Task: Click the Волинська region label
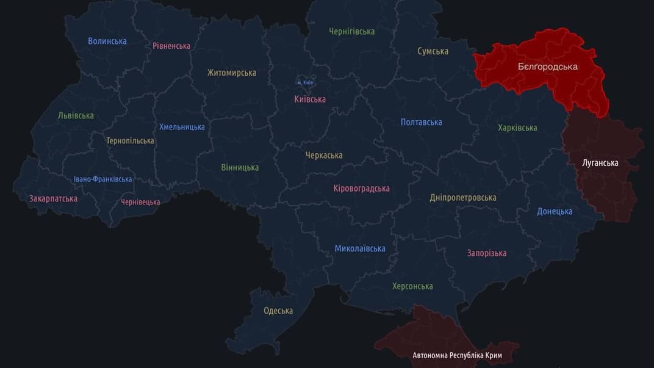pyautogui.click(x=107, y=41)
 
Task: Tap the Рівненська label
pyautogui.click(x=171, y=46)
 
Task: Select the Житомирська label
pyautogui.click(x=232, y=73)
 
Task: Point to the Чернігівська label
pyautogui.click(x=352, y=31)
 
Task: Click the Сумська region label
pyautogui.click(x=433, y=51)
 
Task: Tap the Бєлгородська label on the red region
pyautogui.click(x=548, y=67)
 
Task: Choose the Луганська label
pyautogui.click(x=600, y=163)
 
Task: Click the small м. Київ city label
pyautogui.click(x=305, y=82)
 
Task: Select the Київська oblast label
pyautogui.click(x=310, y=99)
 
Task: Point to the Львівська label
pyautogui.click(x=76, y=115)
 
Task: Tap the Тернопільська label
pyautogui.click(x=130, y=140)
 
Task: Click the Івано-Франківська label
pyautogui.click(x=102, y=179)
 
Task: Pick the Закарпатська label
pyautogui.click(x=53, y=198)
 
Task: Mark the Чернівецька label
pyautogui.click(x=140, y=202)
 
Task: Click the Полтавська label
pyautogui.click(x=422, y=122)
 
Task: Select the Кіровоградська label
pyautogui.click(x=361, y=188)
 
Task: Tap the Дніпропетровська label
pyautogui.click(x=463, y=197)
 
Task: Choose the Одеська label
pyautogui.click(x=278, y=311)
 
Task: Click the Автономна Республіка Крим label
pyautogui.click(x=458, y=355)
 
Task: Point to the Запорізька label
pyautogui.click(x=487, y=253)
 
